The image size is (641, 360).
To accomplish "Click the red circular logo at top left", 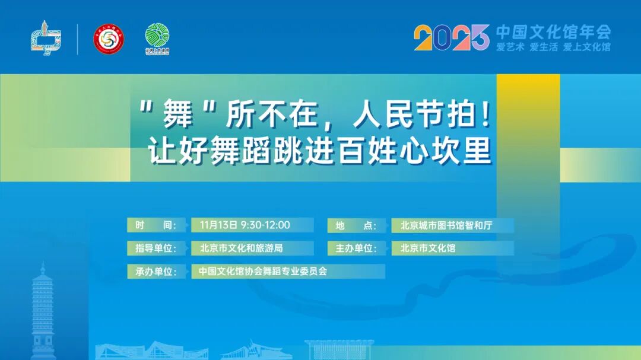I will point(108,39).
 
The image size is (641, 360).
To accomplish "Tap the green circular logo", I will point(157,39).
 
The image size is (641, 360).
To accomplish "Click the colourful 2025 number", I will point(451,38).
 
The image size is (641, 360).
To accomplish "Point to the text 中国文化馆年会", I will point(553,31).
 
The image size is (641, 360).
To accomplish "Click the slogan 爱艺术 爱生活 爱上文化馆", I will point(553,47).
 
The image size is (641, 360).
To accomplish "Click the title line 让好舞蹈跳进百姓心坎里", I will point(320,151).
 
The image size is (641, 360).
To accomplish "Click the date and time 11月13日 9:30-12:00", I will point(245,225).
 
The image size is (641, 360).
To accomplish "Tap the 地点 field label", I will point(356,225).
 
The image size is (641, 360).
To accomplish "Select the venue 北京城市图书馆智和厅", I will point(446,225).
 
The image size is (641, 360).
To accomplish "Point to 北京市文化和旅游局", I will point(241,248).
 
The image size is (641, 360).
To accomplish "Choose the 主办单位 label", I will point(356,248).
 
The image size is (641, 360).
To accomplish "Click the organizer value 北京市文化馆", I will point(428,248).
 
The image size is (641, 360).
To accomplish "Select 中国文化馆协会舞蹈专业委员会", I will point(263,271).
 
